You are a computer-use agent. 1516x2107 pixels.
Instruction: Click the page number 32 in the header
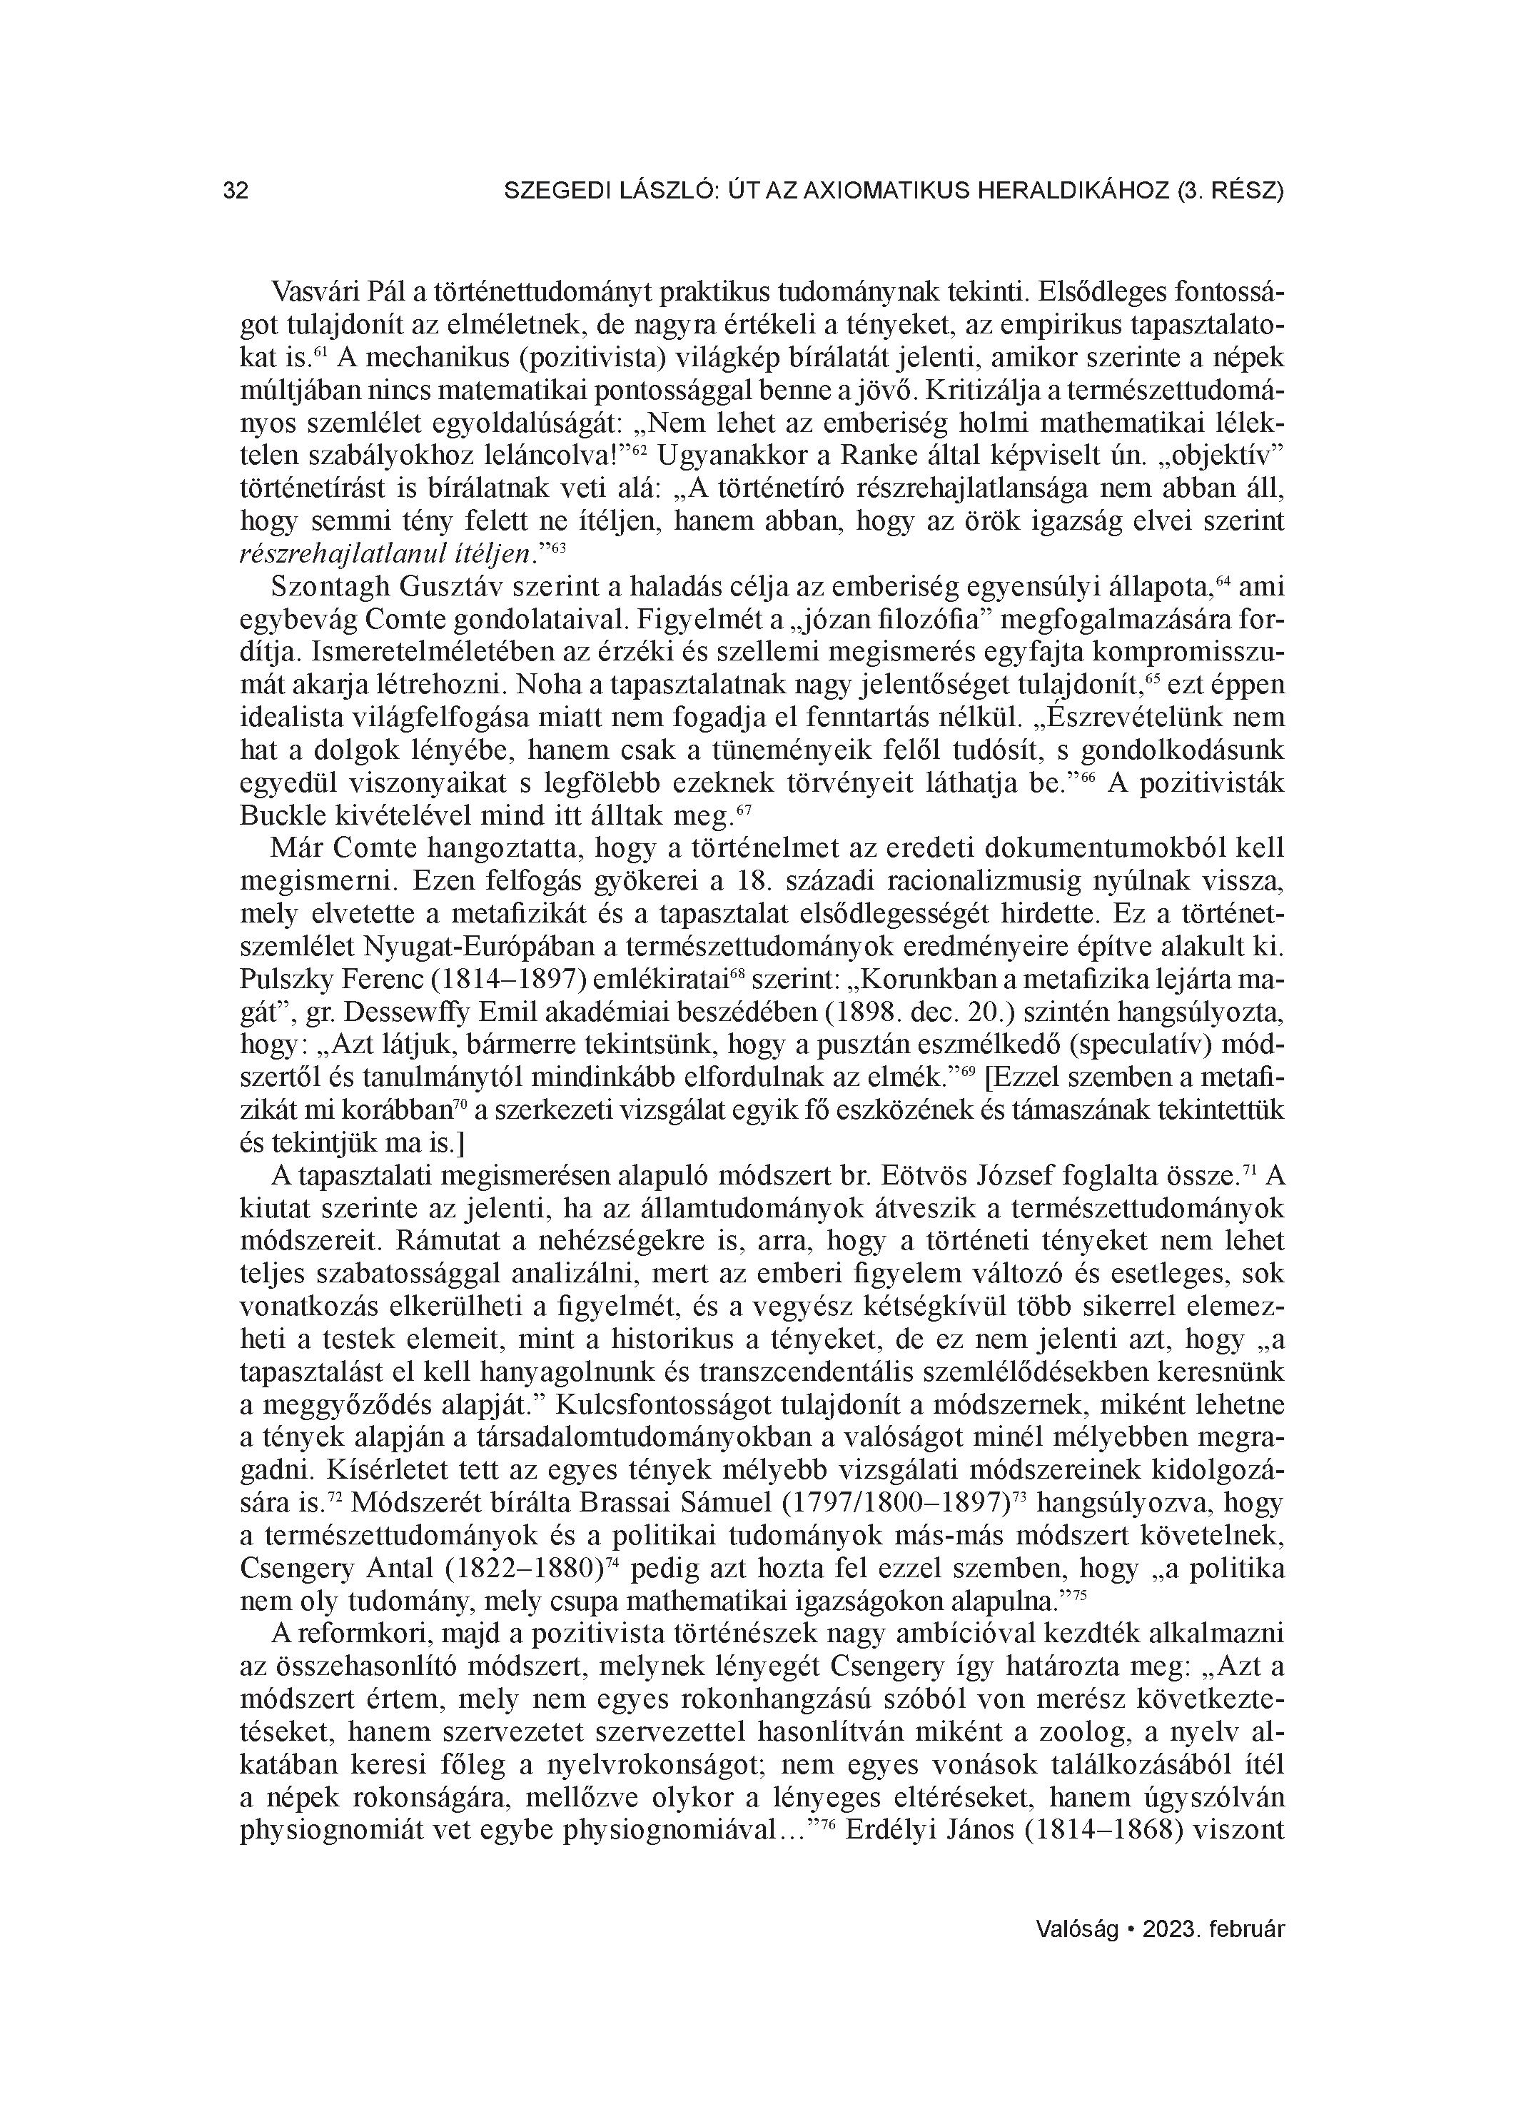pyautogui.click(x=236, y=191)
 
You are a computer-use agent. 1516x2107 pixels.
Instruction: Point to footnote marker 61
pyautogui.click(x=321, y=351)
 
